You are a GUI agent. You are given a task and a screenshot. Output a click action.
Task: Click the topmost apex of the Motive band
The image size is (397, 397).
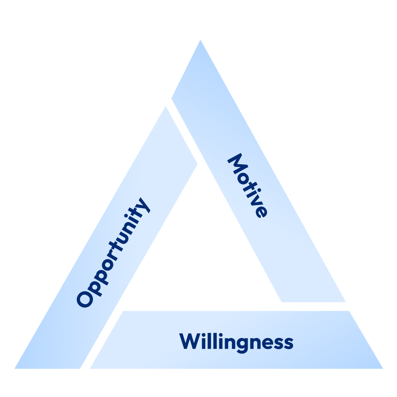click(x=200, y=40)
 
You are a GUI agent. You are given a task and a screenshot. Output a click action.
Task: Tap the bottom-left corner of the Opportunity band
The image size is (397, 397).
click(x=14, y=369)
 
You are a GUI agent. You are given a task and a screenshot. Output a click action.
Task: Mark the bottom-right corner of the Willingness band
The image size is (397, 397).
click(x=383, y=369)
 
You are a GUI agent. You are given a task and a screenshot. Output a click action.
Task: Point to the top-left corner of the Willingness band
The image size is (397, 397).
click(x=123, y=311)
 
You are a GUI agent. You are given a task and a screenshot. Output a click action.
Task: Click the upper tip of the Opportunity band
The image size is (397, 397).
click(x=166, y=106)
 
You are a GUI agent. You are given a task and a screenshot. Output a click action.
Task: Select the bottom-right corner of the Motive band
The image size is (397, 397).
click(x=346, y=302)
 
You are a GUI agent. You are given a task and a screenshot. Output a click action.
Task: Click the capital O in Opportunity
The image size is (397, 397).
click(x=85, y=299)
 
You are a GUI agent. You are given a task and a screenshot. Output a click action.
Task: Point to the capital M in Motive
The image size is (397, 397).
click(x=237, y=164)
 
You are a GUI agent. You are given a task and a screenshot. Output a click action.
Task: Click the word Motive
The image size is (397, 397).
click(x=247, y=186)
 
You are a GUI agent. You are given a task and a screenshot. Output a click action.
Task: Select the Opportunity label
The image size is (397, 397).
click(x=113, y=253)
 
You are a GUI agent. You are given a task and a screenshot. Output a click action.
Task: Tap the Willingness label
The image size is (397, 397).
click(x=236, y=342)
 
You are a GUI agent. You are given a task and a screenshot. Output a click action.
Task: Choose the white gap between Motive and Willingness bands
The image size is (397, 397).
click(x=314, y=306)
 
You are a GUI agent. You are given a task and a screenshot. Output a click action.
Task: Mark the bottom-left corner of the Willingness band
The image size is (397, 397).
click(x=90, y=369)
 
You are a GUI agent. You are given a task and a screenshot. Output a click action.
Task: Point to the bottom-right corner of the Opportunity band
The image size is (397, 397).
click(x=80, y=369)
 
